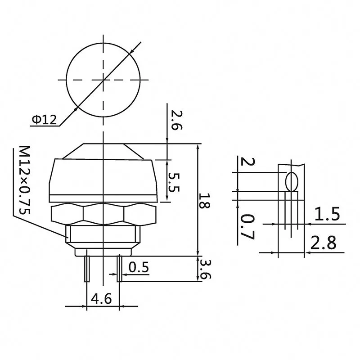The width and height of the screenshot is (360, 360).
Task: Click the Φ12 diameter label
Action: pyautogui.click(x=44, y=120)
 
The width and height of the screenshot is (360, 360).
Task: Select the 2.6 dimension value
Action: pyautogui.click(x=175, y=120)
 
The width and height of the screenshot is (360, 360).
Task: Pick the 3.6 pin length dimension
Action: pyautogui.click(x=205, y=269)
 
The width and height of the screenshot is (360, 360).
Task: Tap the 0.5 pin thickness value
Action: pyautogui.click(x=139, y=268)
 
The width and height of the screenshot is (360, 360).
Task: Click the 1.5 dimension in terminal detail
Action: pyautogui.click(x=327, y=215)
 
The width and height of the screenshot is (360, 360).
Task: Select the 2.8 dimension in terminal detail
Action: pyautogui.click(x=325, y=243)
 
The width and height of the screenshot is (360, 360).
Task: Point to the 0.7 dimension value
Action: pyautogui.click(x=247, y=226)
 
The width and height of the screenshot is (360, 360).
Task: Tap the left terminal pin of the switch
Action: pyautogui.click(x=86, y=269)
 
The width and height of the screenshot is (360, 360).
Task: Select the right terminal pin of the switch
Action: pyautogui.click(x=119, y=269)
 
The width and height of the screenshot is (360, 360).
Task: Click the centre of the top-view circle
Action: pyautogui.click(x=103, y=80)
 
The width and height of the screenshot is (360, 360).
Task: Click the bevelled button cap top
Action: pyautogui.click(x=103, y=151)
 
